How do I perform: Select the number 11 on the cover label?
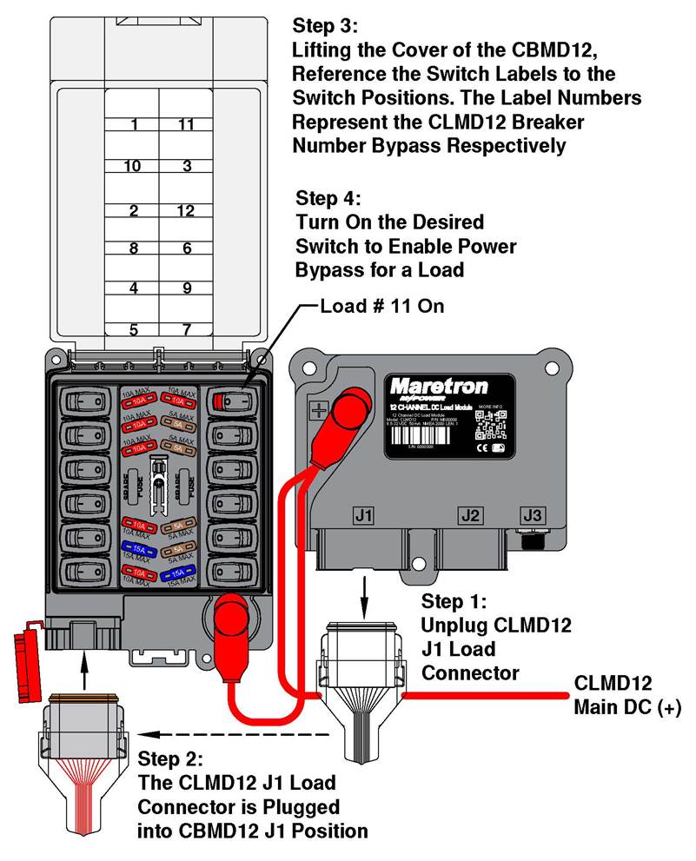(185, 124)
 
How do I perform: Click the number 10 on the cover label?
(132, 165)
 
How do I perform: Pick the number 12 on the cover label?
(185, 209)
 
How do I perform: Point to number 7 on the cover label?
(185, 329)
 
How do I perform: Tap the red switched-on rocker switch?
(232, 401)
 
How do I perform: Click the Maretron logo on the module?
(438, 385)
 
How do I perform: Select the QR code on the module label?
(493, 424)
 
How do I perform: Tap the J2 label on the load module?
(470, 515)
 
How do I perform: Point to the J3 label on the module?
(532, 515)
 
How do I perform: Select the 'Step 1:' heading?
(455, 601)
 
